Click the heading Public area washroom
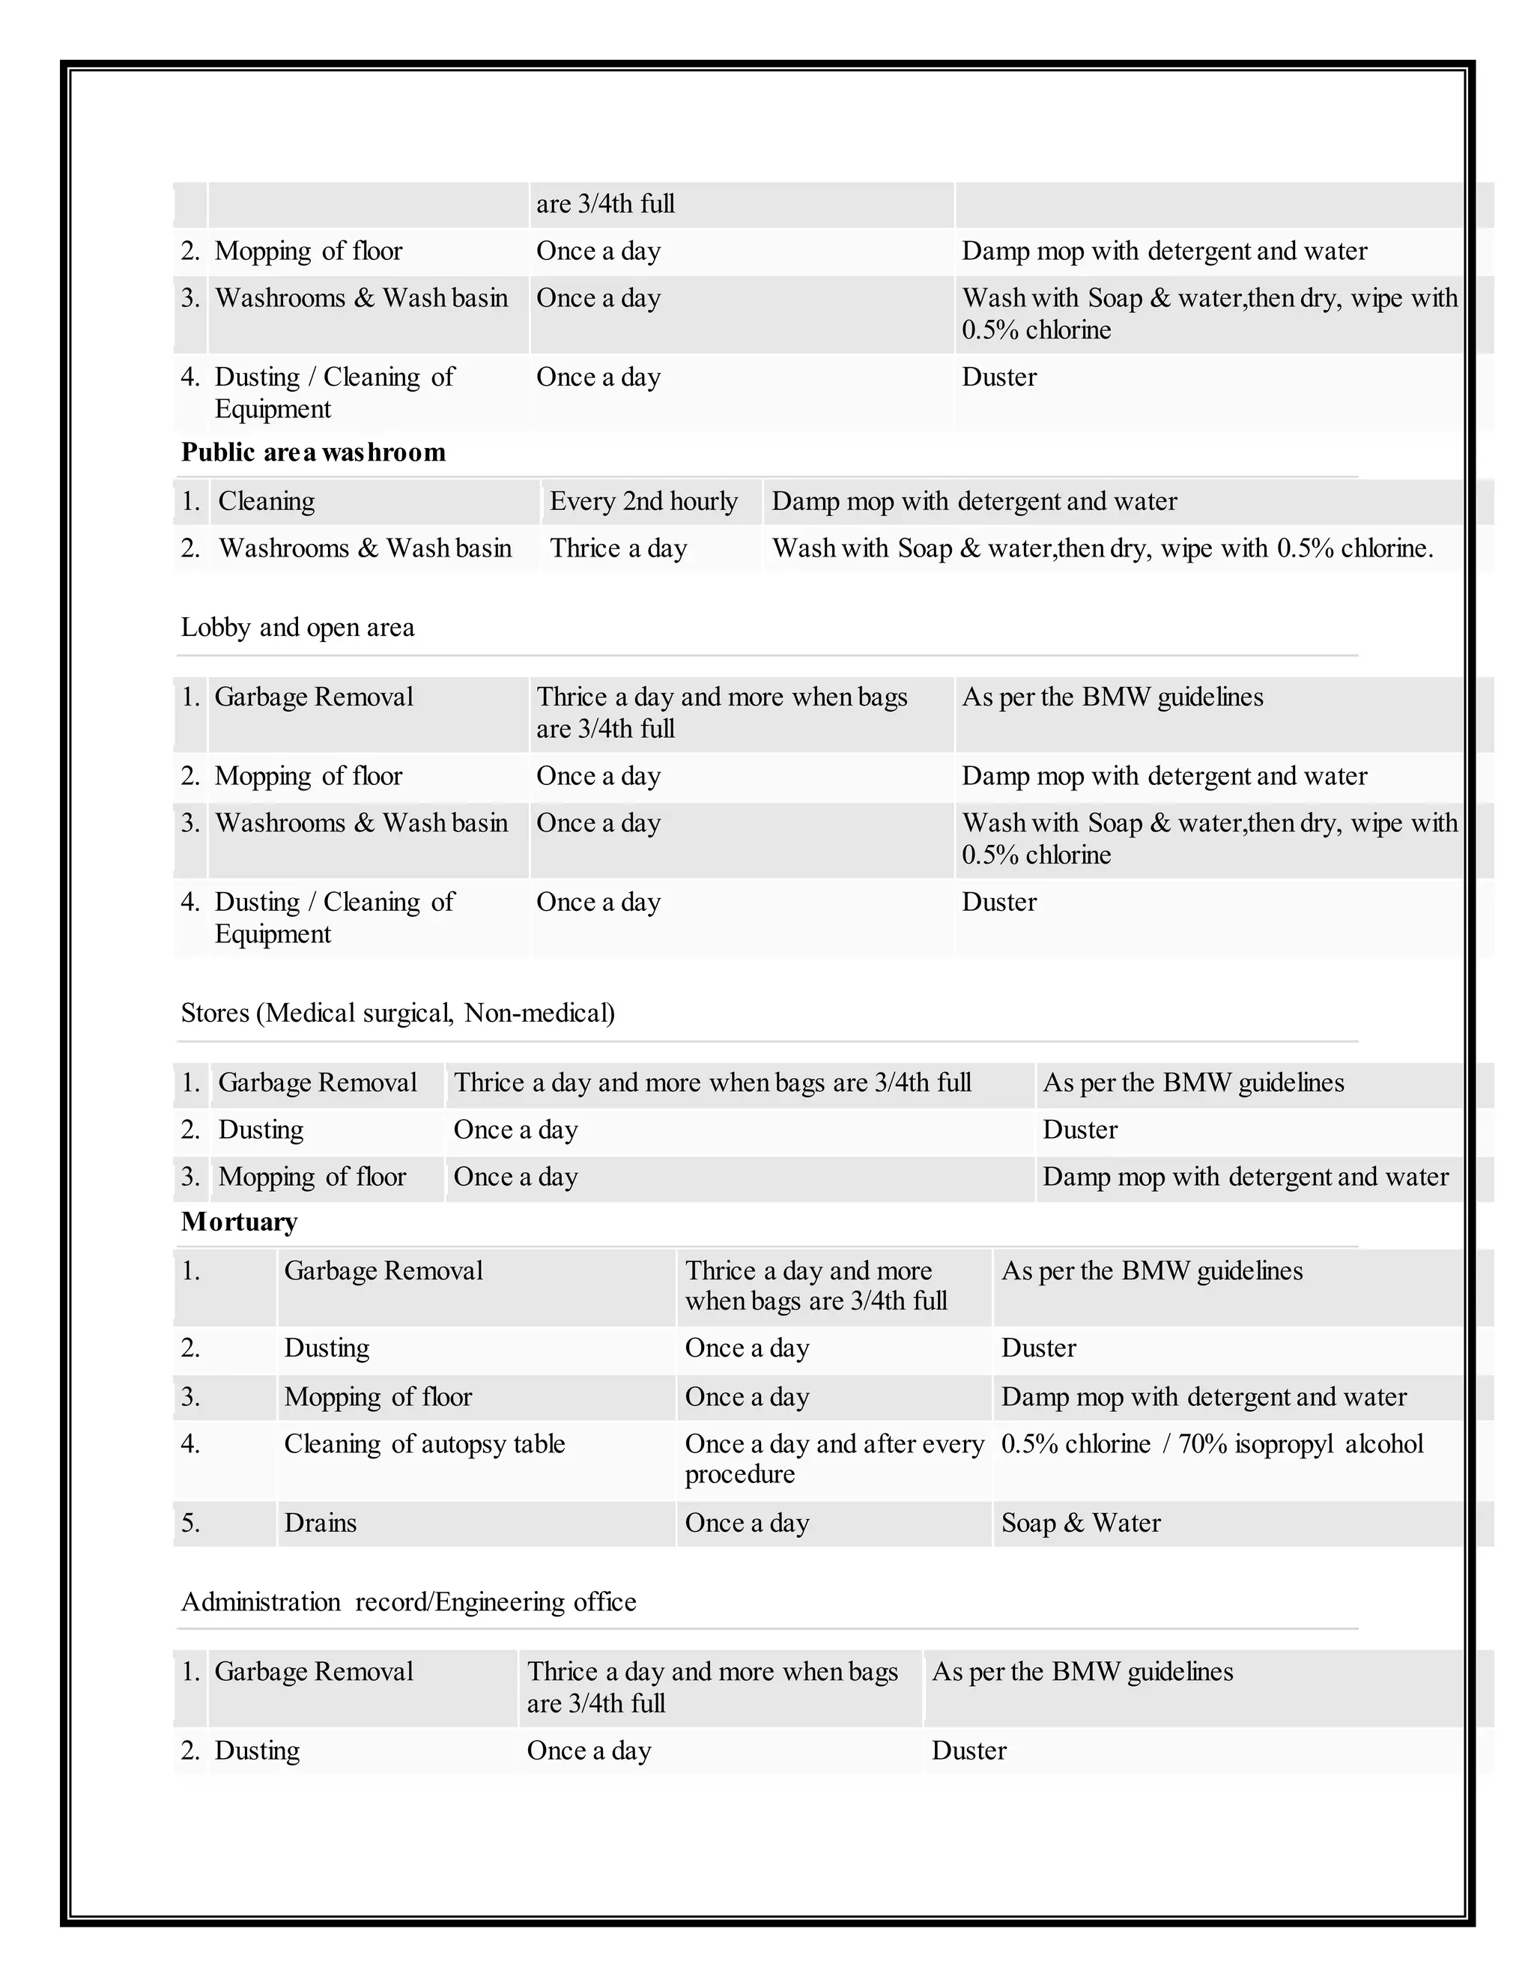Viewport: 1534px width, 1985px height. (x=314, y=452)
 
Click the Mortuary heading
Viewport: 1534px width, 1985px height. (x=239, y=1222)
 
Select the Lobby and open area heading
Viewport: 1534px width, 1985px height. (x=297, y=627)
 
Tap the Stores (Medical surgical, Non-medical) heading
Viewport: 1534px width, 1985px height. (x=397, y=1013)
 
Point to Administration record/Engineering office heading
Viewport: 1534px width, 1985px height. (x=408, y=1601)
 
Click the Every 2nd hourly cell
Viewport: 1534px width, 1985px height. (x=643, y=501)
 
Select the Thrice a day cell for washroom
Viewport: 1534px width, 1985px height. (x=618, y=548)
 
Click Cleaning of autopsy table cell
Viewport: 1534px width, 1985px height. (x=425, y=1443)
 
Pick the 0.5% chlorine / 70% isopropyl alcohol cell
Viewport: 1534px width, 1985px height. (x=1211, y=1443)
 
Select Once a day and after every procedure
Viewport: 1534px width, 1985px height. (x=834, y=1458)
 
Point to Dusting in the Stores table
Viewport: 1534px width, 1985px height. (x=261, y=1130)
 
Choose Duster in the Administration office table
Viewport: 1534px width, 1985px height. (x=968, y=1751)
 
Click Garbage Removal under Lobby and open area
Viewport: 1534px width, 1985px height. (x=314, y=697)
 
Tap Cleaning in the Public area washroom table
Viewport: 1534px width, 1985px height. (x=266, y=501)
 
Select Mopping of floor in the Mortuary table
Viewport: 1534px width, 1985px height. (x=378, y=1396)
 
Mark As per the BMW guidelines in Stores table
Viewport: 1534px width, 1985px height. (x=1193, y=1082)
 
